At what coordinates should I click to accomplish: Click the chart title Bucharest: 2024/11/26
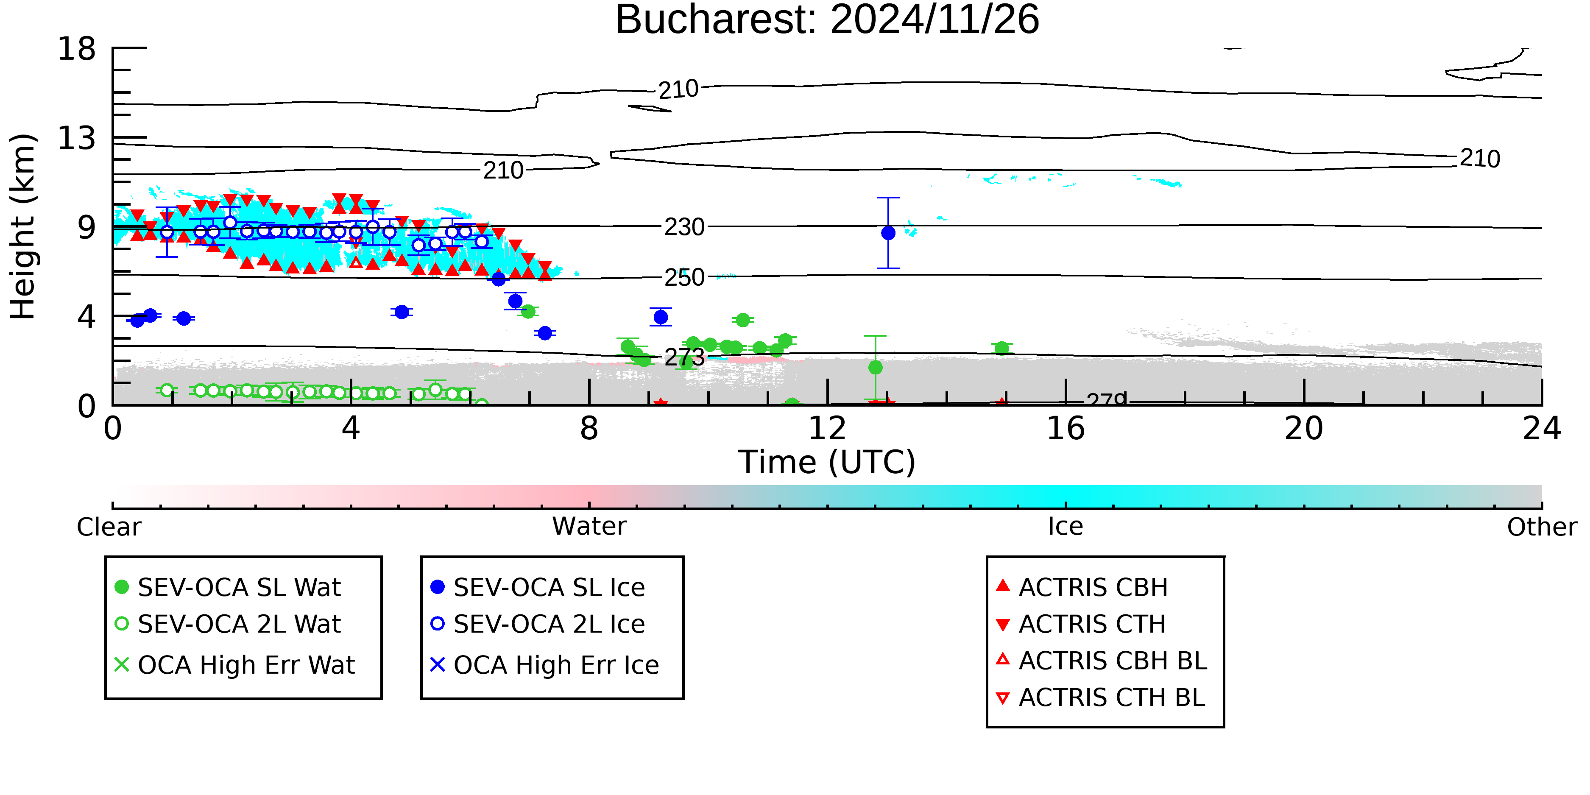pyautogui.click(x=827, y=20)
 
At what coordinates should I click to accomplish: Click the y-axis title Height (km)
pyautogui.click(x=23, y=226)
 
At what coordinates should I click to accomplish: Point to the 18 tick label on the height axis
pyautogui.click(x=77, y=48)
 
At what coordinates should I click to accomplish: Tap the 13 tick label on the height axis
pyautogui.click(x=77, y=138)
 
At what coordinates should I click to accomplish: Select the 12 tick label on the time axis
pyautogui.click(x=827, y=428)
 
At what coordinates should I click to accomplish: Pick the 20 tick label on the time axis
pyautogui.click(x=1304, y=428)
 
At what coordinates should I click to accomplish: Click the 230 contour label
pyautogui.click(x=684, y=227)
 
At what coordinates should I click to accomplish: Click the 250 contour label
pyautogui.click(x=684, y=278)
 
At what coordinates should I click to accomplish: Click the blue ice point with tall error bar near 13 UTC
pyautogui.click(x=888, y=233)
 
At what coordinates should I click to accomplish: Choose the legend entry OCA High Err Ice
pyautogui.click(x=544, y=665)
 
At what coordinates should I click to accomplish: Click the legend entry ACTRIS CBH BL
pyautogui.click(x=1101, y=661)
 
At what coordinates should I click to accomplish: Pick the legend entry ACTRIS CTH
pyautogui.click(x=1081, y=624)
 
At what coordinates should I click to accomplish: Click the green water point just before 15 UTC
pyautogui.click(x=1002, y=348)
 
